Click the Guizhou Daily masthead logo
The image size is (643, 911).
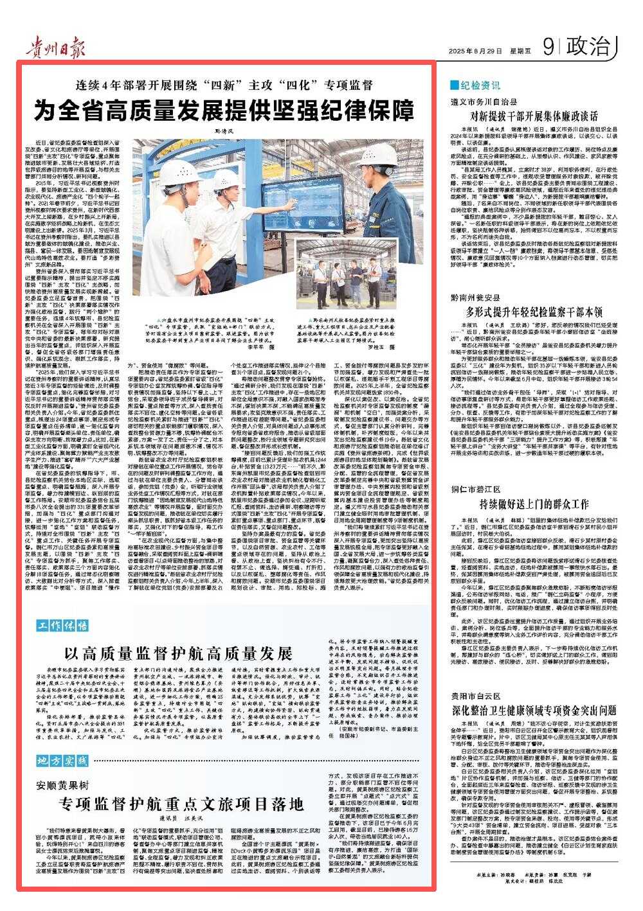[x=51, y=46]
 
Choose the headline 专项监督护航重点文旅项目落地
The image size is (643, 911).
[x=179, y=805]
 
